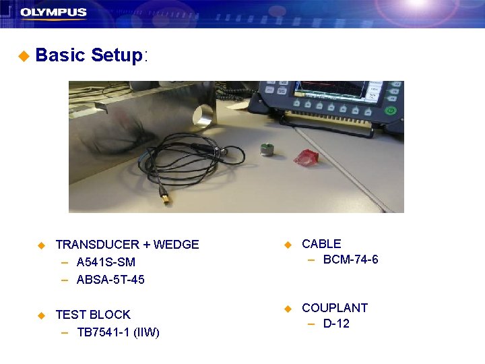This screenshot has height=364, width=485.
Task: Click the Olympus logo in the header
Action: pos(53,12)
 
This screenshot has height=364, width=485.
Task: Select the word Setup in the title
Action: pos(117,55)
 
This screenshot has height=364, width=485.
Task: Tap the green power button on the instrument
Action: pos(390,110)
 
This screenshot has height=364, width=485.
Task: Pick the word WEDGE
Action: pos(176,245)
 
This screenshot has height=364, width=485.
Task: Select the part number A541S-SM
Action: pos(106,262)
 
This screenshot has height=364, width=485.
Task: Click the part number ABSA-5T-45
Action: pos(110,279)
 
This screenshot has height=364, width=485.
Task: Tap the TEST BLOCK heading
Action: pos(93,315)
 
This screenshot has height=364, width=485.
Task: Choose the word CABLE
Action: pos(321,244)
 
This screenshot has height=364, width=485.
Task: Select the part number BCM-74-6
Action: pos(350,260)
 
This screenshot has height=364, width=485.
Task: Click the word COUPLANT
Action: pos(335,308)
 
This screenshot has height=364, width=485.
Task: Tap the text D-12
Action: pos(336,324)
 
